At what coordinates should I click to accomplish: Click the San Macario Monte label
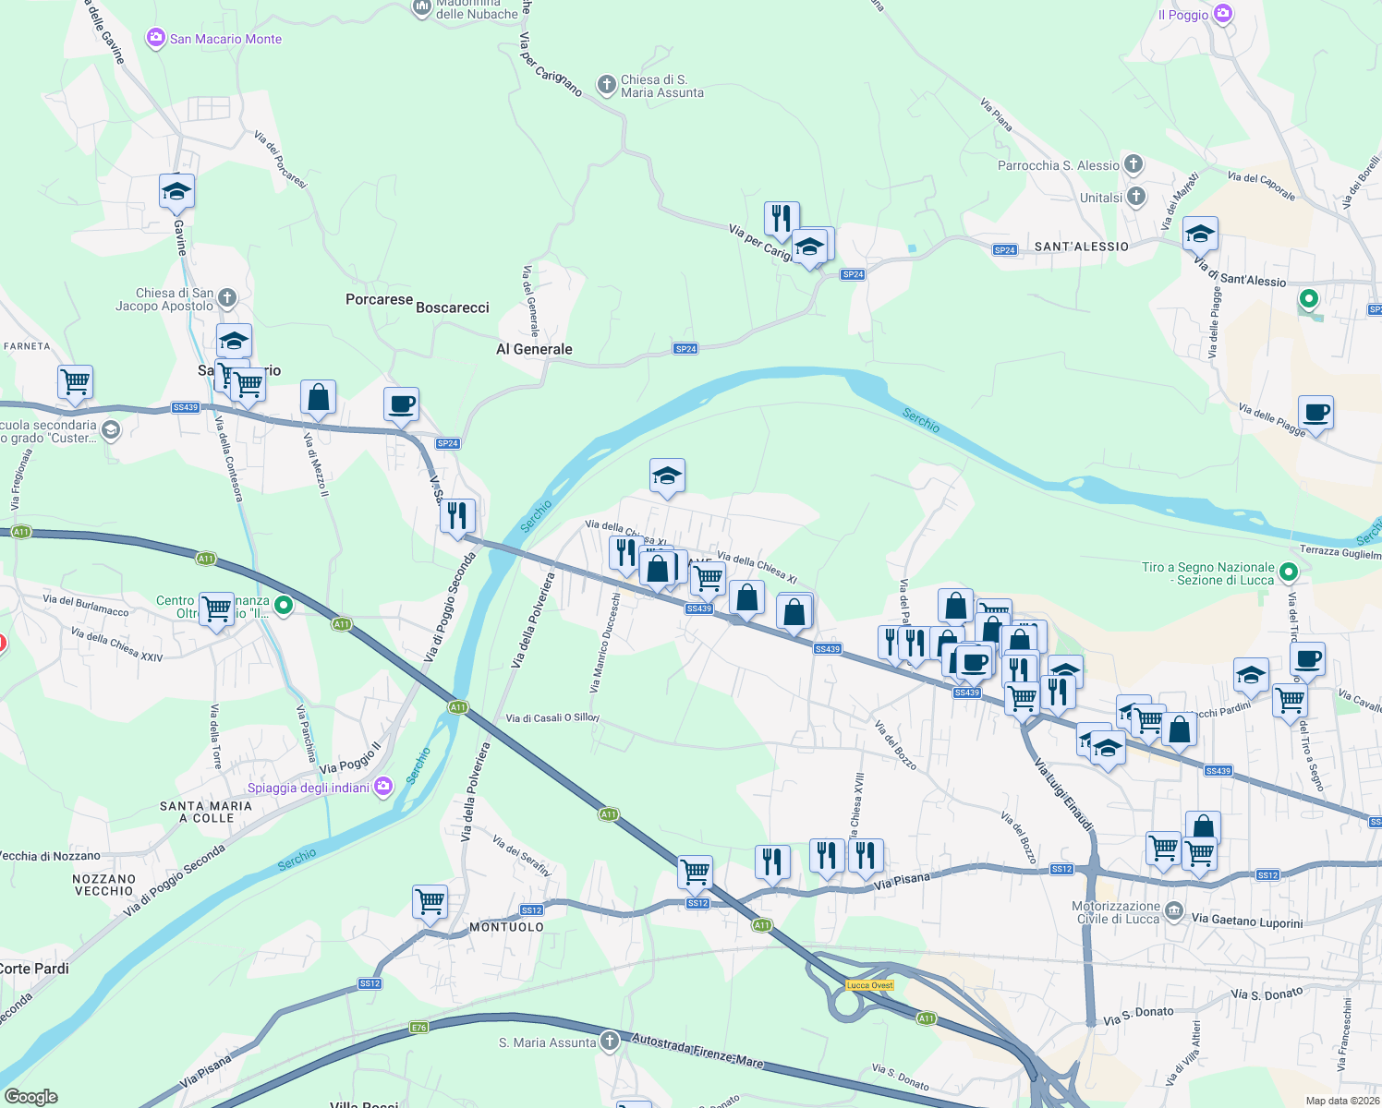225,39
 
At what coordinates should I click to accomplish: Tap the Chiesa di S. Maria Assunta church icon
607,86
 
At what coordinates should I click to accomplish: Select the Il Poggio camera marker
1223,14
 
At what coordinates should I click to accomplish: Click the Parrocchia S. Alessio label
1058,165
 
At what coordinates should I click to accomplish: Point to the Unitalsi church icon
1136,197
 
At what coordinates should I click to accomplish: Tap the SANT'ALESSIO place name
1081,247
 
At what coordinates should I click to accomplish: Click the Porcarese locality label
379,299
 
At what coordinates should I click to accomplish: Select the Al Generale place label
534,349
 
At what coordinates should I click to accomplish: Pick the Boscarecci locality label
453,307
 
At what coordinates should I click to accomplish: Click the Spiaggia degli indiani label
309,788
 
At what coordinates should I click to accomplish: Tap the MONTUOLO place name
506,926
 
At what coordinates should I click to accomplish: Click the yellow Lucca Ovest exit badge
870,985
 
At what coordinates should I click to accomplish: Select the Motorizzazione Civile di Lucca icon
1173,912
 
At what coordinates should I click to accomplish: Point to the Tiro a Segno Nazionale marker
1290,573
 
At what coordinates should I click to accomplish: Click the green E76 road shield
419,1027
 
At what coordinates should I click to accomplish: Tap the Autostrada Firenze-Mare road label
697,1051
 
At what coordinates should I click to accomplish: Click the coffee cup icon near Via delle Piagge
1315,413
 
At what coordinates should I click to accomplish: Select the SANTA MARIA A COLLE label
206,812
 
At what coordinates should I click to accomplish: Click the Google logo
31,1096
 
